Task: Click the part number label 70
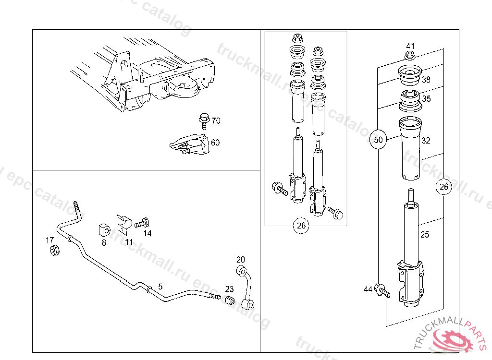click(216, 120)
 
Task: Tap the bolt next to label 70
click(203, 120)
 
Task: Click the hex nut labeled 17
click(55, 250)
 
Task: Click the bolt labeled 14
click(143, 223)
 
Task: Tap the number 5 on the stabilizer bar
click(160, 286)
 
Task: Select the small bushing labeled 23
click(230, 301)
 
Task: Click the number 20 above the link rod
click(241, 260)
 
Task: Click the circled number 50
click(379, 140)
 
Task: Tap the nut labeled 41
click(409, 56)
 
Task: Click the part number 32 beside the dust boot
click(426, 141)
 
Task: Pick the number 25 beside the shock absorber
click(425, 234)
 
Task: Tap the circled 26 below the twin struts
click(301, 226)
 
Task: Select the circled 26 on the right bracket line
click(444, 187)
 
